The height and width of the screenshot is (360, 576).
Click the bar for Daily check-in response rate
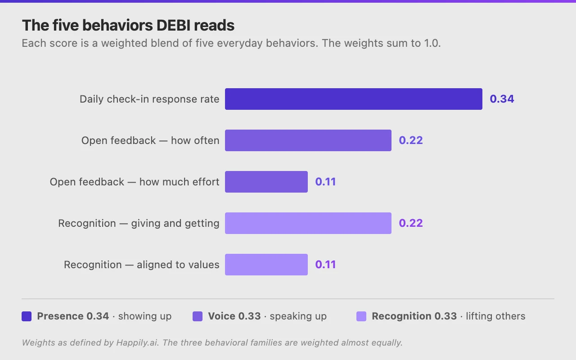(x=354, y=99)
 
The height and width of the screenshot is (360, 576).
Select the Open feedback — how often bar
(x=308, y=140)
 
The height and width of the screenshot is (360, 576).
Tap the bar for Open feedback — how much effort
(x=266, y=182)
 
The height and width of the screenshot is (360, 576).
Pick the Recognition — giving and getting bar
(x=308, y=223)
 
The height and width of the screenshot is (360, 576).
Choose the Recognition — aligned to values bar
(x=266, y=265)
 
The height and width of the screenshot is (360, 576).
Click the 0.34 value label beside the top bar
(x=502, y=99)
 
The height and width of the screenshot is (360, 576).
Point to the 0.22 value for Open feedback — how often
(x=411, y=140)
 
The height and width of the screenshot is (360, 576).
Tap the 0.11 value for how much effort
(x=325, y=182)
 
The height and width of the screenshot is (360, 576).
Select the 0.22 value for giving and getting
(x=411, y=223)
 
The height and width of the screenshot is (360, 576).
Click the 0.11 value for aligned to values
(x=325, y=265)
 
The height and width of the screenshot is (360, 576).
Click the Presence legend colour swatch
(x=27, y=316)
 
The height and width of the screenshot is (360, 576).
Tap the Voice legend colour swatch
(x=198, y=316)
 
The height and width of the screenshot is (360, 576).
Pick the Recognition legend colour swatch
(x=361, y=316)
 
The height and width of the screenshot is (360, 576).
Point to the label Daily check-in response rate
(x=149, y=99)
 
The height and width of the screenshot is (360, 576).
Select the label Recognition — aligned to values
(x=141, y=265)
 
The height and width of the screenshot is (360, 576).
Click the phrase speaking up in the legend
(x=298, y=316)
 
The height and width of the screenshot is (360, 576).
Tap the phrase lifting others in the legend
(x=495, y=316)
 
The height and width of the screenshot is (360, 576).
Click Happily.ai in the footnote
(x=137, y=343)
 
